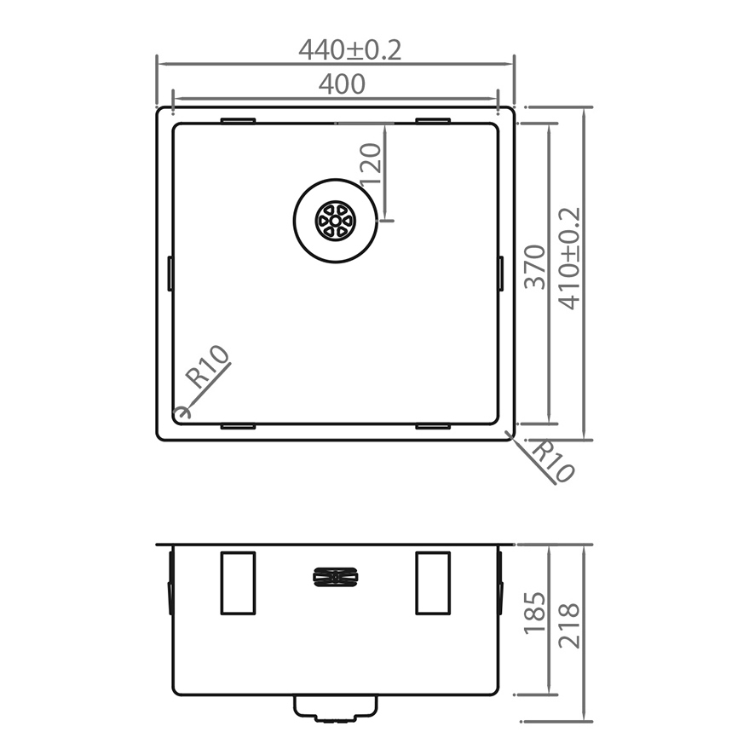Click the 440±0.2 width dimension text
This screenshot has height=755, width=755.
349,50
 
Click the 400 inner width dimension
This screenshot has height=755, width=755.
342,84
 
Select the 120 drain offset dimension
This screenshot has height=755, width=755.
370,164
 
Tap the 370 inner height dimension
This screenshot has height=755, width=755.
535,267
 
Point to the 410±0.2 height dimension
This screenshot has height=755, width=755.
569,258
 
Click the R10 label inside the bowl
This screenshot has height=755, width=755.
209,367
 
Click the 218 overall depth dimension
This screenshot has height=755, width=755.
569,625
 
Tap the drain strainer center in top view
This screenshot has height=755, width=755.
336,220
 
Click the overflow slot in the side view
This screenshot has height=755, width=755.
336,578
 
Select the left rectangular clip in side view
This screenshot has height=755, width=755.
238,583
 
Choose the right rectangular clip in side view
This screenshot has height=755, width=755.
433,583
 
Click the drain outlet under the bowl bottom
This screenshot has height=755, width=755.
336,707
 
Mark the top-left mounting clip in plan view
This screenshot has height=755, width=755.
238,121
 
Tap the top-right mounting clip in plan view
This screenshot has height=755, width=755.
433,121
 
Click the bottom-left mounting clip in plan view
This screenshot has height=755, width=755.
238,424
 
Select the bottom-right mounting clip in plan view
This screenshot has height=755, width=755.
433,424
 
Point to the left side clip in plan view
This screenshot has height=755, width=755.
170,273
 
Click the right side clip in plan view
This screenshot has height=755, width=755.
500,273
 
